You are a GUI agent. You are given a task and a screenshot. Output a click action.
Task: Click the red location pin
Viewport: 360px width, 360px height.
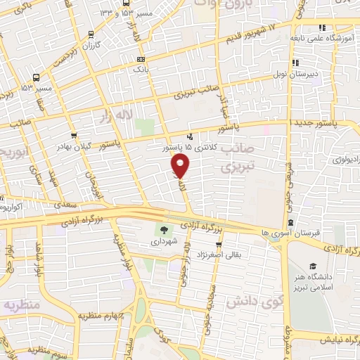(x=181, y=167)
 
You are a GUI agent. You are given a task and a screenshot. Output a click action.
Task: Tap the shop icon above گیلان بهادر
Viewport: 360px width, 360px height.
(x=73, y=135)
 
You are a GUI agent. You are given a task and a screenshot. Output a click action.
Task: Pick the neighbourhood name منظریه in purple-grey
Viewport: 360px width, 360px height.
(x=19, y=304)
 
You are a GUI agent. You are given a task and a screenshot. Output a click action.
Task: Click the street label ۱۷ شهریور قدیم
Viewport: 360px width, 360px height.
(x=252, y=29)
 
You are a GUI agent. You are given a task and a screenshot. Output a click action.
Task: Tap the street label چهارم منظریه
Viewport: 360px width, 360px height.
(x=96, y=316)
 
